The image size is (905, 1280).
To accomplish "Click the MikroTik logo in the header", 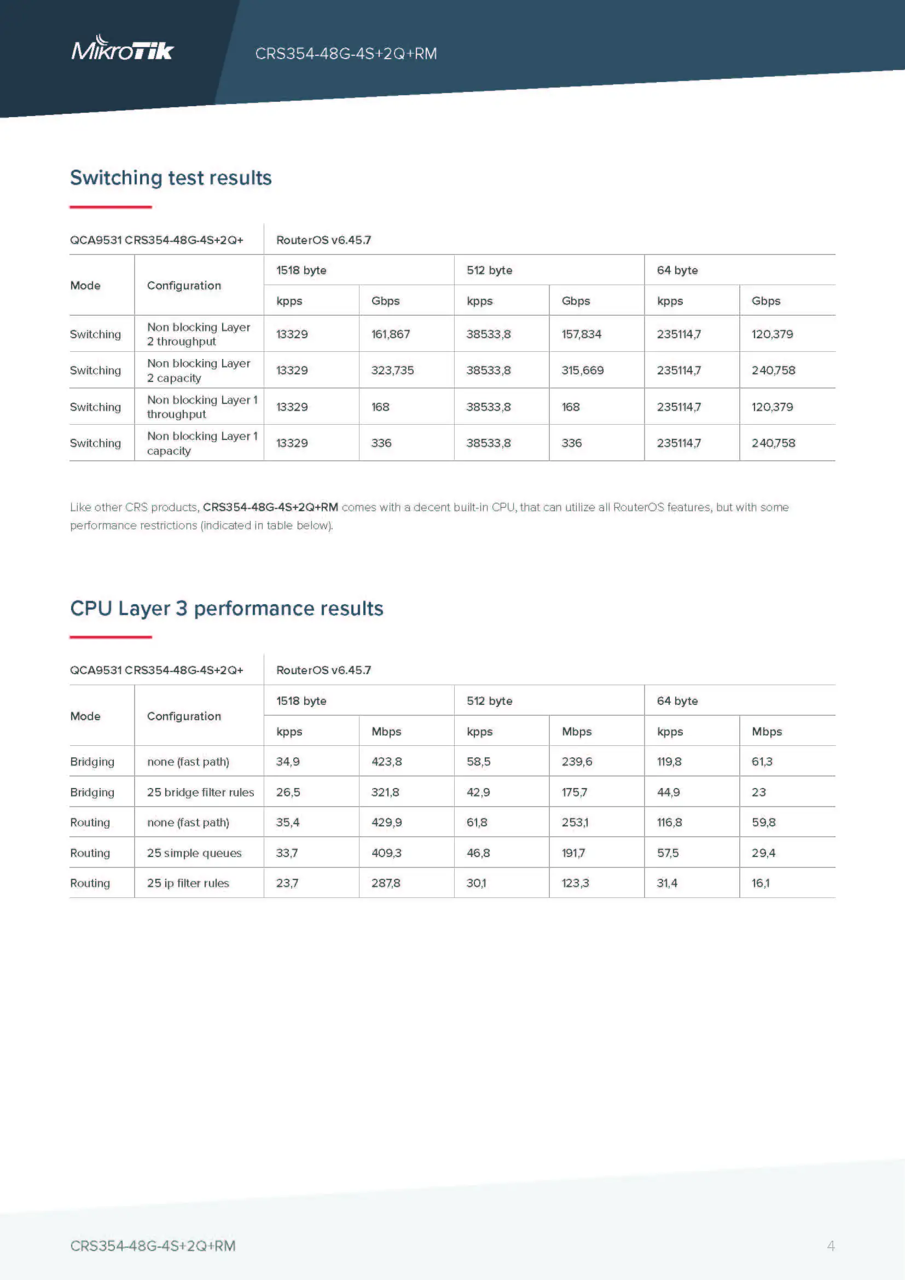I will click(123, 49).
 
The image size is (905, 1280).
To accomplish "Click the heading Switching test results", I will click(171, 178).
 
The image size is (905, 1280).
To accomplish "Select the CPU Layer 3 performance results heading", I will click(227, 608).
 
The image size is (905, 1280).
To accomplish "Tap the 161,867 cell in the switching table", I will click(390, 334).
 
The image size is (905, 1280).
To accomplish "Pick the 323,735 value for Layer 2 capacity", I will click(392, 370).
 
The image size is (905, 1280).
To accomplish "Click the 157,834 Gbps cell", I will click(581, 334).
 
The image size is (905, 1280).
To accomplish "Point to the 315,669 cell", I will click(582, 370).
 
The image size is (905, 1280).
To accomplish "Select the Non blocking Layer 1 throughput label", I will click(202, 407).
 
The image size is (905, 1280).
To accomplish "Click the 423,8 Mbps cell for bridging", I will click(386, 762).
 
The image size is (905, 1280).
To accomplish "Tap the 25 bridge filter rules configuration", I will click(200, 792).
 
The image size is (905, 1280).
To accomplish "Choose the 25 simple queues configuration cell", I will click(194, 853).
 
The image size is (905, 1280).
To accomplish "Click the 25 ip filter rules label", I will click(188, 883).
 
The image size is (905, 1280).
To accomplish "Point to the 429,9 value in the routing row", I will click(386, 823).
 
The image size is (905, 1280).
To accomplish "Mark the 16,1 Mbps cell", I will click(760, 883).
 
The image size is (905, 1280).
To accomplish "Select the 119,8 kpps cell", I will click(669, 762).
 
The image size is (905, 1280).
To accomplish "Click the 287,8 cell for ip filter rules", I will click(386, 883).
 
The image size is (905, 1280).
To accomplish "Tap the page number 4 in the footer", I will click(831, 1246).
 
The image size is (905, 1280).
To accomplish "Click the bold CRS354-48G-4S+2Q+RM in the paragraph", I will click(270, 507).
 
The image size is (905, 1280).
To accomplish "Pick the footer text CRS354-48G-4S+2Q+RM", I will click(153, 1246).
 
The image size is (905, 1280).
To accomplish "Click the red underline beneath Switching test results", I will click(111, 207).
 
